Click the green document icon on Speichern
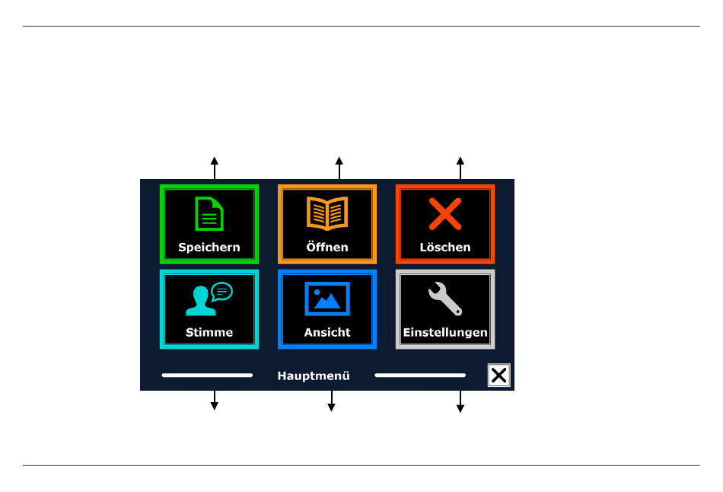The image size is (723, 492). (209, 214)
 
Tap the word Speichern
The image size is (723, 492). (209, 248)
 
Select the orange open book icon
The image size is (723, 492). (327, 213)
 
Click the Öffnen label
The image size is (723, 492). (327, 247)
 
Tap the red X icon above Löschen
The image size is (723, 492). (445, 214)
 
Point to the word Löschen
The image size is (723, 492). (445, 247)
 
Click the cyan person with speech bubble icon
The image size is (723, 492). (209, 299)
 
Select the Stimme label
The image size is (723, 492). (209, 332)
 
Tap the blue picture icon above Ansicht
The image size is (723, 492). (327, 299)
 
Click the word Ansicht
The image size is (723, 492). (327, 332)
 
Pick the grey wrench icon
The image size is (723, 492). (445, 299)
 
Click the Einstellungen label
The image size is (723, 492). (445, 333)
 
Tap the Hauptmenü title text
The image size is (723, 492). (314, 375)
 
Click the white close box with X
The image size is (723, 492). (499, 375)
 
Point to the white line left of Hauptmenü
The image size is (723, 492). (207, 375)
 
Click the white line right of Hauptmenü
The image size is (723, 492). (420, 375)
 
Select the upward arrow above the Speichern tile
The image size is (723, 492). (215, 168)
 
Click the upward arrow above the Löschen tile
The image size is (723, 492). (460, 168)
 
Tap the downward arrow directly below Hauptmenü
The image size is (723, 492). (331, 401)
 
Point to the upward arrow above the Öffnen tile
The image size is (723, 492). (339, 168)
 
